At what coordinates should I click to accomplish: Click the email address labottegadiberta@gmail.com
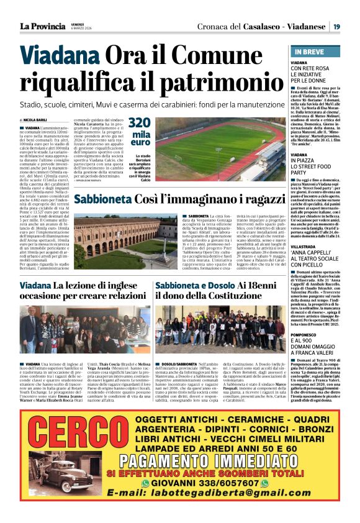209,493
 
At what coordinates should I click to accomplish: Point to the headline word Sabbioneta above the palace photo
103,200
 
